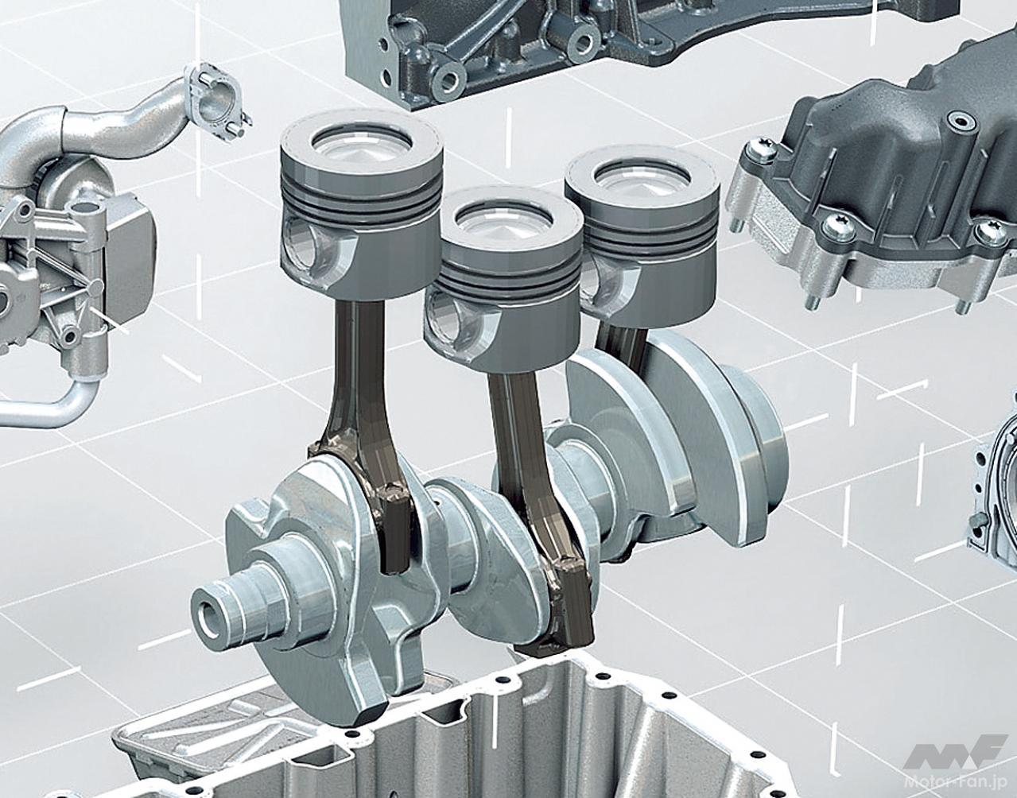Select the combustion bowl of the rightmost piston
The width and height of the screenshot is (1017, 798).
pyautogui.click(x=642, y=178)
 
